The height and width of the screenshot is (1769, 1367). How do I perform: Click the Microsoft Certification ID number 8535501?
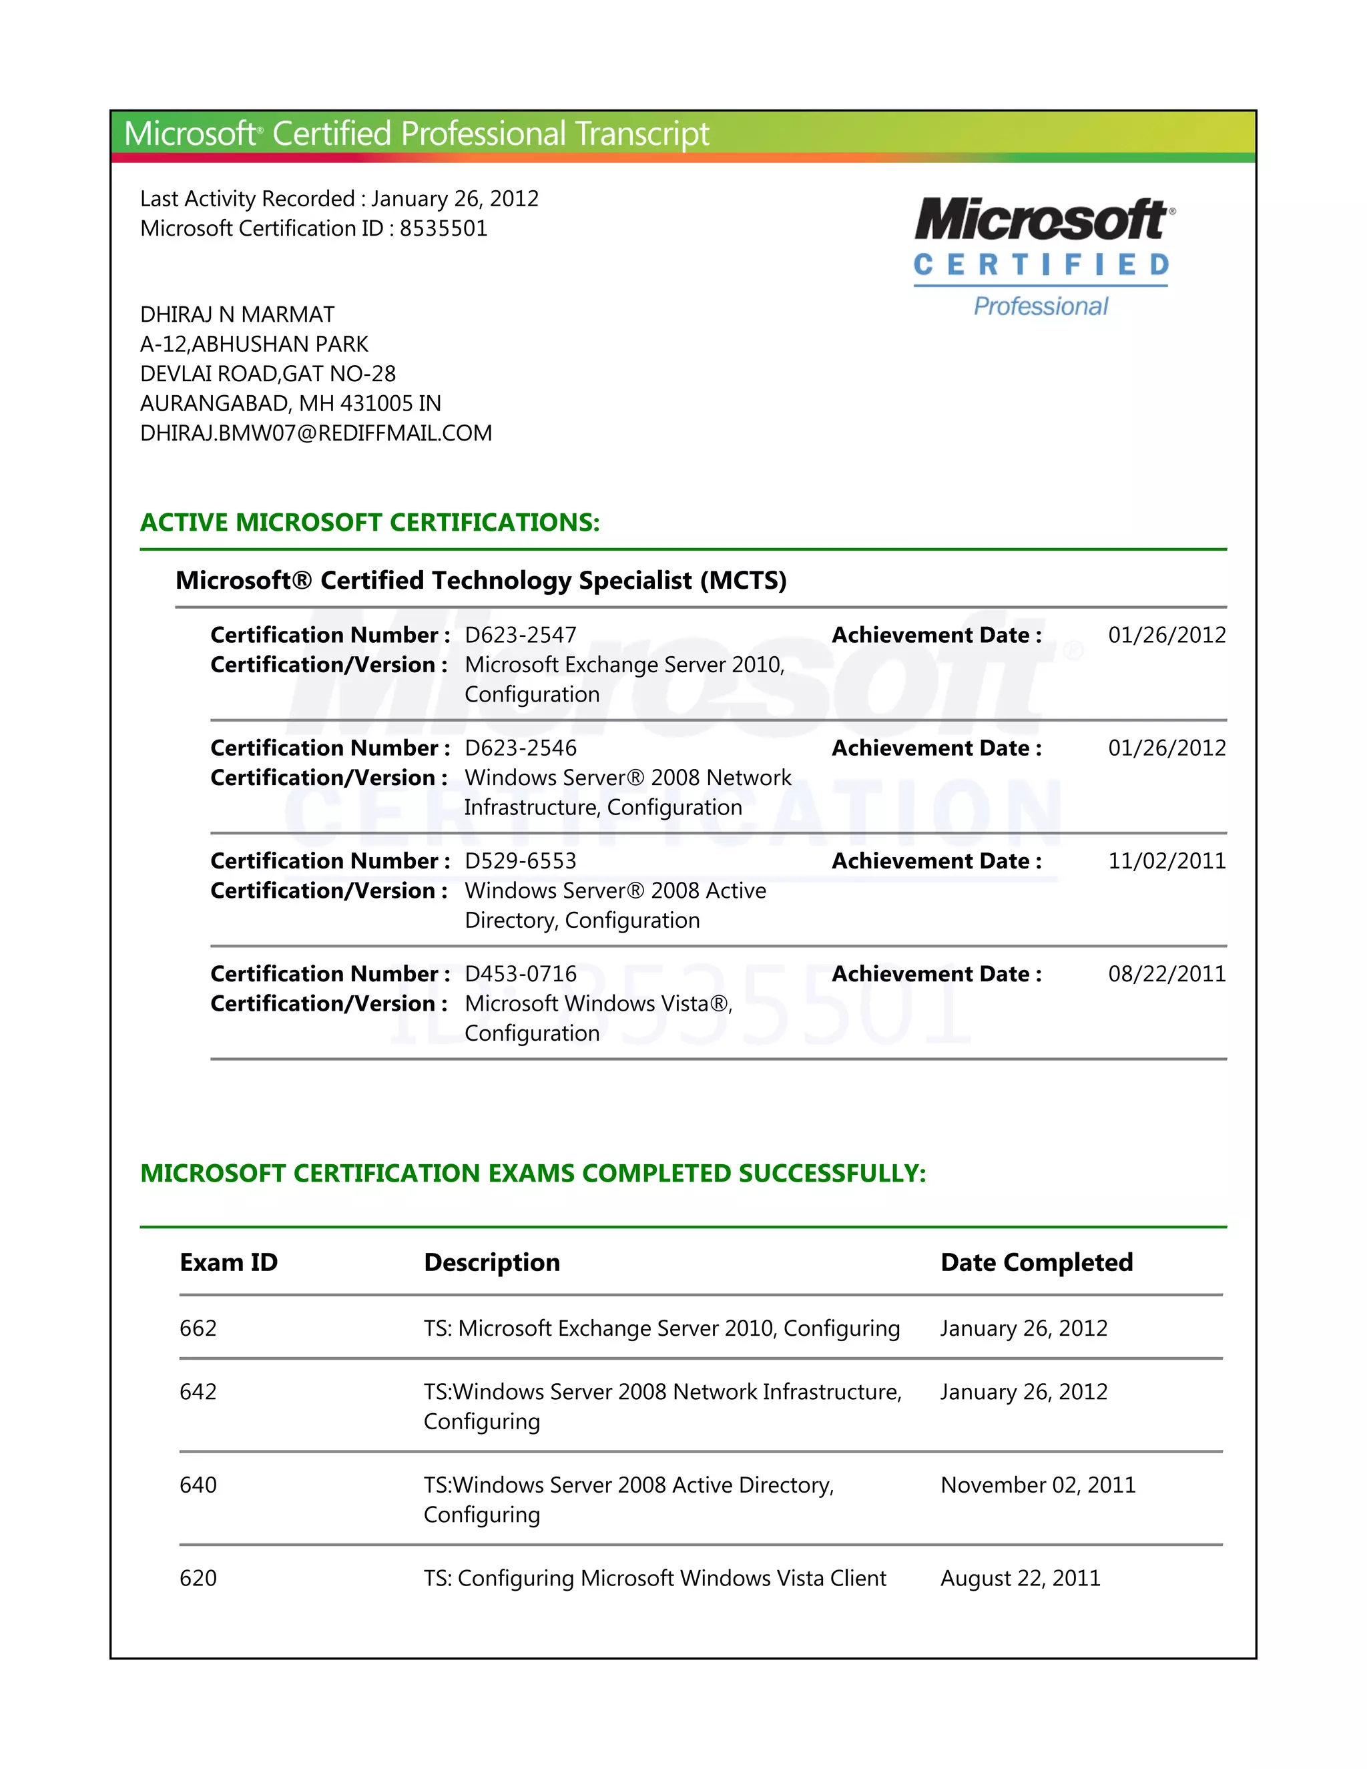(443, 228)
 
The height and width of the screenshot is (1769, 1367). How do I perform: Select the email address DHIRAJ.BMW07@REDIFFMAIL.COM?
(316, 433)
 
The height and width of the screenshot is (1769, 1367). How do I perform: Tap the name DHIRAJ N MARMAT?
(237, 314)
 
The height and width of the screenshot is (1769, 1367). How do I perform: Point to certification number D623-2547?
(520, 635)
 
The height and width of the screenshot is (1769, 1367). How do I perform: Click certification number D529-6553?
(520, 861)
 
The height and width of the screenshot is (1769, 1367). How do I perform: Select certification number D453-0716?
(520, 973)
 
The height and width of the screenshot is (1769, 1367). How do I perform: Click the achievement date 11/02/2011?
(1166, 861)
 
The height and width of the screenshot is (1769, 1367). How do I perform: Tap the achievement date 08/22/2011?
(1166, 973)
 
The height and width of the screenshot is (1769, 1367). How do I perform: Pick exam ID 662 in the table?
(198, 1328)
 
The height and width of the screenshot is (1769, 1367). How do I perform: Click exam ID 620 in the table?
(198, 1578)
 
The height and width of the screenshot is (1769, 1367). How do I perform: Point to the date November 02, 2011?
(1037, 1485)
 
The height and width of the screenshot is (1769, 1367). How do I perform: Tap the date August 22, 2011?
(1020, 1578)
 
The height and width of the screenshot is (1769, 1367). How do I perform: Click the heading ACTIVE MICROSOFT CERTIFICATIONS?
(369, 523)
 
